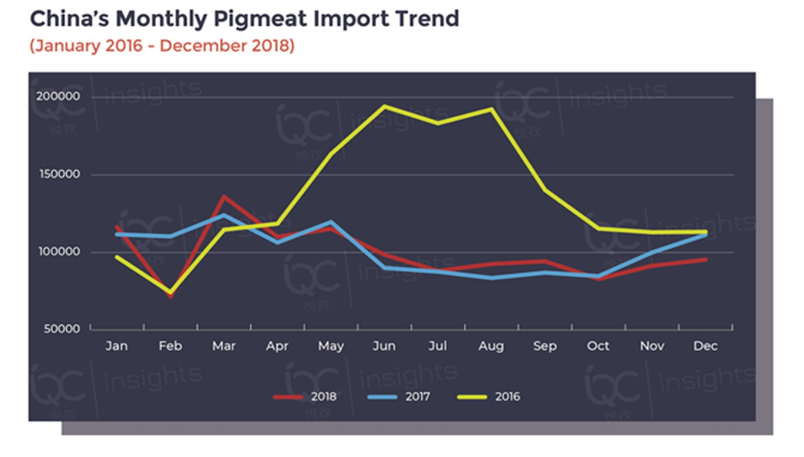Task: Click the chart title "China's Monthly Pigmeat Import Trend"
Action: click(244, 19)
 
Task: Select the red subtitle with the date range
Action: click(162, 45)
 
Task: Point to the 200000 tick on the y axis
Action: click(58, 97)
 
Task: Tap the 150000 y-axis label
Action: click(58, 174)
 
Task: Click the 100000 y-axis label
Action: click(58, 252)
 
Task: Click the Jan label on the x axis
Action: click(117, 345)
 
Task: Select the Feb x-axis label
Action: click(170, 345)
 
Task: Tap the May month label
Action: click(331, 345)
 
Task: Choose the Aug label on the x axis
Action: click(490, 345)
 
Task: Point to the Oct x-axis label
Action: click(598, 345)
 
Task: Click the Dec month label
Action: click(705, 345)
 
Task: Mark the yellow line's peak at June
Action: click(384, 106)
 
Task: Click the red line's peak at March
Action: click(224, 197)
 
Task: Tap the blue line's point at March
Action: click(224, 215)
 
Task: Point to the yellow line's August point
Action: click(491, 109)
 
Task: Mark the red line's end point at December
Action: click(705, 259)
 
